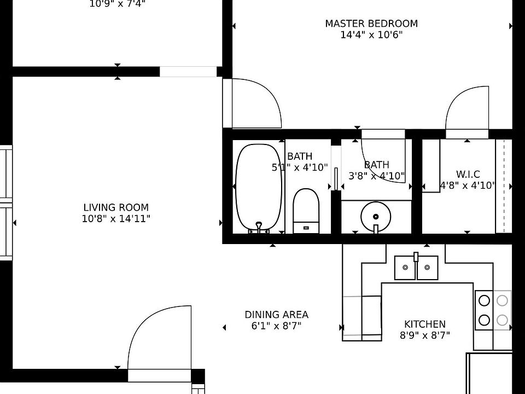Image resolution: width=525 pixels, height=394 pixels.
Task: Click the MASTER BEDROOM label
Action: [371, 24]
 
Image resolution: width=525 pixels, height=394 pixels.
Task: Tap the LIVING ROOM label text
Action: [116, 207]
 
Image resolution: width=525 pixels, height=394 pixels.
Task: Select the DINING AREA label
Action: [276, 315]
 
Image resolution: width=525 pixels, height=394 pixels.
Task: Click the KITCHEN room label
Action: [424, 324]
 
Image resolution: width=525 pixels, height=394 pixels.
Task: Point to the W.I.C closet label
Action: [468, 174]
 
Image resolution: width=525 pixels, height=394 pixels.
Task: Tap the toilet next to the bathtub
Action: [306, 211]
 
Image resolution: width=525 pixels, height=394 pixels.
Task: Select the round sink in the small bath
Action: [376, 215]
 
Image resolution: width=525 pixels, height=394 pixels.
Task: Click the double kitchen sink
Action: [416, 268]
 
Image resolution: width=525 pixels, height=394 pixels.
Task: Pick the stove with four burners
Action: [493, 310]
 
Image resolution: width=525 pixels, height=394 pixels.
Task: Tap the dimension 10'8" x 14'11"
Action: [116, 219]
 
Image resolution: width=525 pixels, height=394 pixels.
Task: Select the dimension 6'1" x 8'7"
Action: [276, 326]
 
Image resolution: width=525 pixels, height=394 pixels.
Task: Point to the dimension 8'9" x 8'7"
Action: [424, 335]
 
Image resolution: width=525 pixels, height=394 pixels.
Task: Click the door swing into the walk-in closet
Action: [466, 109]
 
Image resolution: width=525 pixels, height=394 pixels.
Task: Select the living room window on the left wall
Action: [5, 202]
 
